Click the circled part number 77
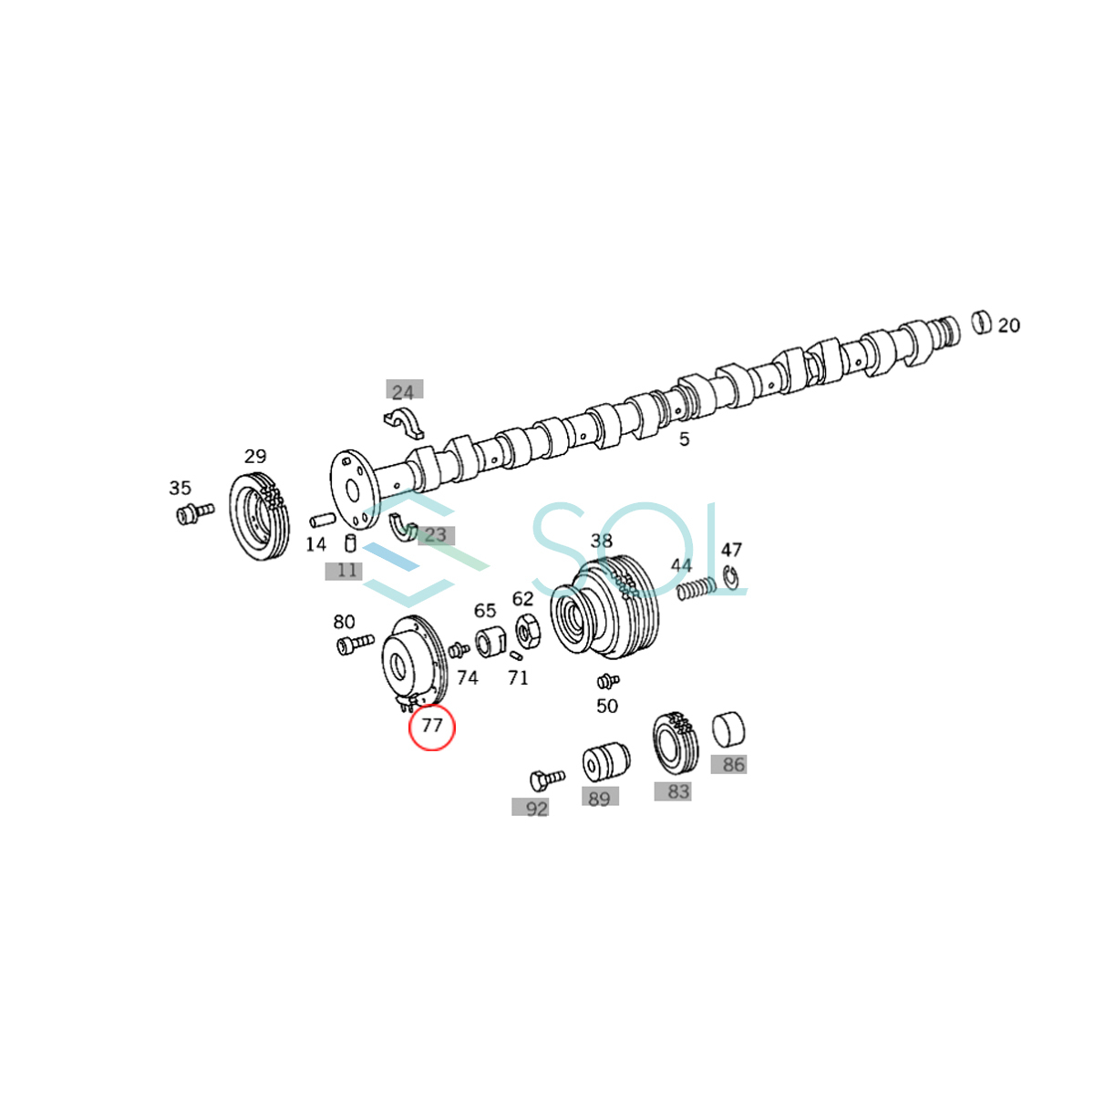(x=431, y=726)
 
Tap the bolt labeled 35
(x=193, y=514)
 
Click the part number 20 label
(x=1008, y=325)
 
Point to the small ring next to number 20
(x=981, y=322)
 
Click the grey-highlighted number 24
(x=403, y=392)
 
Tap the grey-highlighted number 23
(x=436, y=535)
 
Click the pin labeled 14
(x=324, y=521)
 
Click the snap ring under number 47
(x=730, y=577)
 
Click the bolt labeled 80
(x=355, y=644)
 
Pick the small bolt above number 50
(x=606, y=680)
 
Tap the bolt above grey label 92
(x=545, y=779)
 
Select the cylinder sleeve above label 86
(x=728, y=730)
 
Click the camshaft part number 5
(x=684, y=439)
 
